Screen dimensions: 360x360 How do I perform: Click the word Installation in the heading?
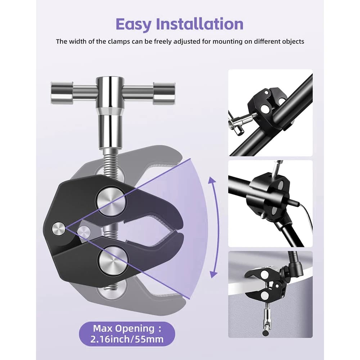(199, 23)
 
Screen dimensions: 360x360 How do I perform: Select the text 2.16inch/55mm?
(127, 339)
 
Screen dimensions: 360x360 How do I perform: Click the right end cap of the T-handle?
(165, 93)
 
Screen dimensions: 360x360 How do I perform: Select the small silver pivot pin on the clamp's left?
(58, 229)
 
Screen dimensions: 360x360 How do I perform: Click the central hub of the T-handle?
(110, 93)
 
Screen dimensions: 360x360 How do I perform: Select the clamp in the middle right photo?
(268, 195)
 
